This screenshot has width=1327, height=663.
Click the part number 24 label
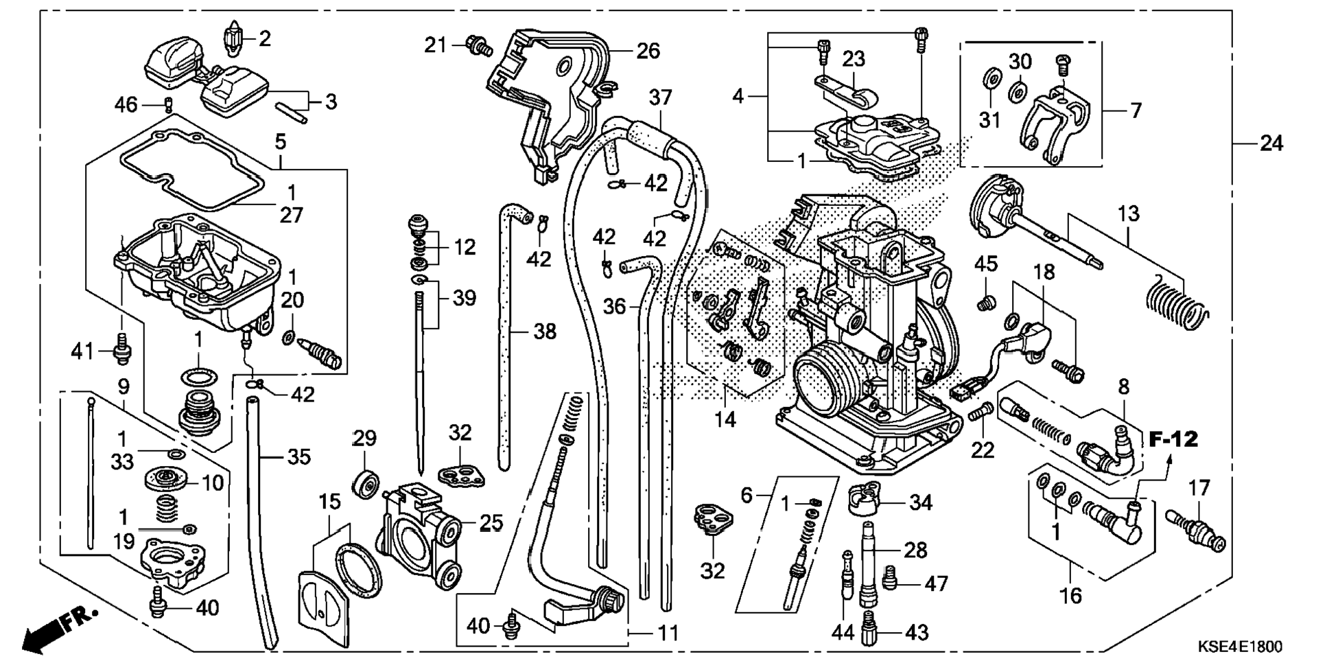coord(1271,143)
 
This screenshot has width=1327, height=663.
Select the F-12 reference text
coord(1174,439)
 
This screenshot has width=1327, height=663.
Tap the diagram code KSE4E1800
coord(1240,647)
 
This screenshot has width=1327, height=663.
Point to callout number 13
coord(1128,213)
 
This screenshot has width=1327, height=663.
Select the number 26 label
coord(648,51)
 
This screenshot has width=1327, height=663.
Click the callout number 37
coord(660,98)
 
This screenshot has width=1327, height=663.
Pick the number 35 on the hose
coord(298,456)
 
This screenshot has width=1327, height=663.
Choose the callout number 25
coord(491,523)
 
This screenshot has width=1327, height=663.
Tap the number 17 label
coord(1199,489)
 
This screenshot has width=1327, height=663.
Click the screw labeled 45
coord(985,301)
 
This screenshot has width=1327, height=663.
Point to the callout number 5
coord(281,142)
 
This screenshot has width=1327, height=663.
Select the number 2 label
coord(265,38)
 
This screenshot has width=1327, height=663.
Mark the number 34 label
coord(921,503)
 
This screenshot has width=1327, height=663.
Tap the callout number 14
coord(725,419)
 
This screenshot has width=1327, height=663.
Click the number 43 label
coord(917,632)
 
